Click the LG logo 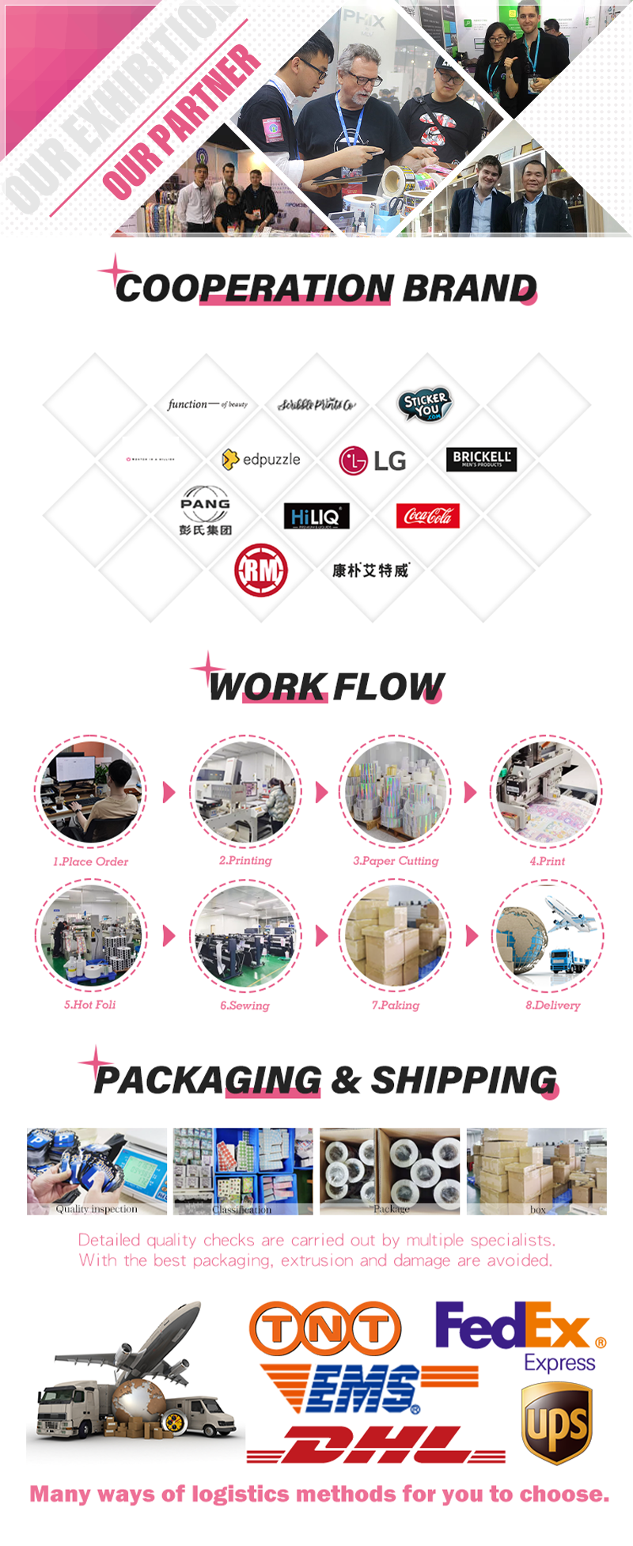[372, 460]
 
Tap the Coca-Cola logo [427, 516]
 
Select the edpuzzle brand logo [261, 459]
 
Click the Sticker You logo [425, 404]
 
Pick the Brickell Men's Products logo [481, 459]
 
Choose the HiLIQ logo [316, 517]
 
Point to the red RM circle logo [260, 570]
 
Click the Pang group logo [205, 511]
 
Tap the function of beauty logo [207, 404]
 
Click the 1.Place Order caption [90, 862]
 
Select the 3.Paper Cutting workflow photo [395, 791]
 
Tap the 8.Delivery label [552, 1006]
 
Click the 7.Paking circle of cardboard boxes [395, 935]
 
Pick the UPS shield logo [557, 1423]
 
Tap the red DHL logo [376, 1445]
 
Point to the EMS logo [368, 1389]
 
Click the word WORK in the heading [267, 687]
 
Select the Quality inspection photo [97, 1169]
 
